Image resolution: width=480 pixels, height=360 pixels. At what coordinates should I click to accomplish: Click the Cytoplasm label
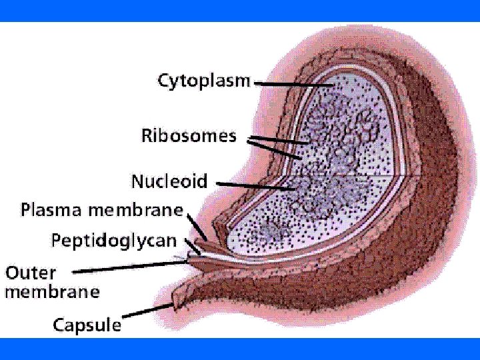point(203,82)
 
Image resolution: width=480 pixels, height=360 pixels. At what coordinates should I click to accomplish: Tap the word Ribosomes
point(189,136)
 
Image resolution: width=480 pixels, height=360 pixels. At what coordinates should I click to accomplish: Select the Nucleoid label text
point(169,181)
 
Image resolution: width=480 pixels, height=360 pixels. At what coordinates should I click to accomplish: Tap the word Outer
point(31,273)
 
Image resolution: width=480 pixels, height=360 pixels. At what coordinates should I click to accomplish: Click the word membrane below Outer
point(52,292)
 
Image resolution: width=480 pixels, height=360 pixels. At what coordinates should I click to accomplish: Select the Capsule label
point(87,325)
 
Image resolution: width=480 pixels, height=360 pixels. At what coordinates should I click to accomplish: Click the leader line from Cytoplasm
point(293,85)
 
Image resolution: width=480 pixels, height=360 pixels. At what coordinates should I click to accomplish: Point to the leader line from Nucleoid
point(257,185)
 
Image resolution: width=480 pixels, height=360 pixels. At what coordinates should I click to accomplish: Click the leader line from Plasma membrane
point(197,227)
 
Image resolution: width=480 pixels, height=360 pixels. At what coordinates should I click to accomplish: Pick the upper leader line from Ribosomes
point(277,141)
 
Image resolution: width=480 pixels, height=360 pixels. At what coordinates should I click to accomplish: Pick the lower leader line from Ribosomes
point(273,151)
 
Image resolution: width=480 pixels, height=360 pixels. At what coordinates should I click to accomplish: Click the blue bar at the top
point(240,11)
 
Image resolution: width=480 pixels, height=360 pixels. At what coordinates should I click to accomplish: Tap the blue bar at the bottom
point(240,349)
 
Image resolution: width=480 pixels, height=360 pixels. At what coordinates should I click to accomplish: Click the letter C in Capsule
point(59,325)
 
